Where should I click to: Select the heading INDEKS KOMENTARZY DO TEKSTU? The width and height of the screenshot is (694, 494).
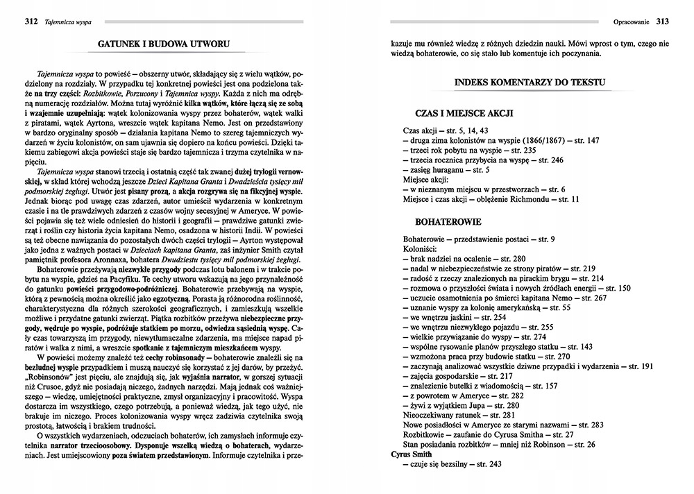(x=529, y=83)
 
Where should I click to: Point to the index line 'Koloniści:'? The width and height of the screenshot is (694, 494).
(x=419, y=248)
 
